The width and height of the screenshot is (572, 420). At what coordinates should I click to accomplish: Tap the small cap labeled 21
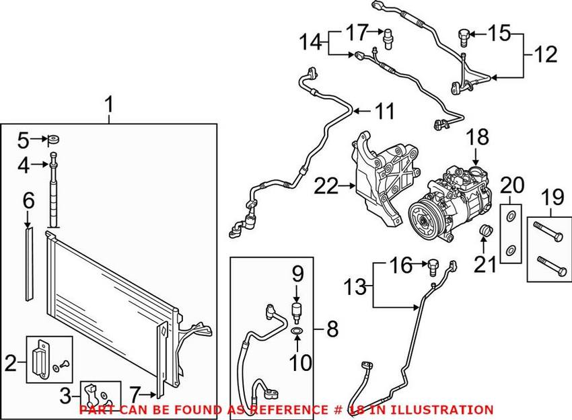(483, 233)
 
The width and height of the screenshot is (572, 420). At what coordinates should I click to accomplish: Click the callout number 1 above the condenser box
(109, 106)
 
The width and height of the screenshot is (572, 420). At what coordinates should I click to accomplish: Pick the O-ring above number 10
(297, 331)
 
